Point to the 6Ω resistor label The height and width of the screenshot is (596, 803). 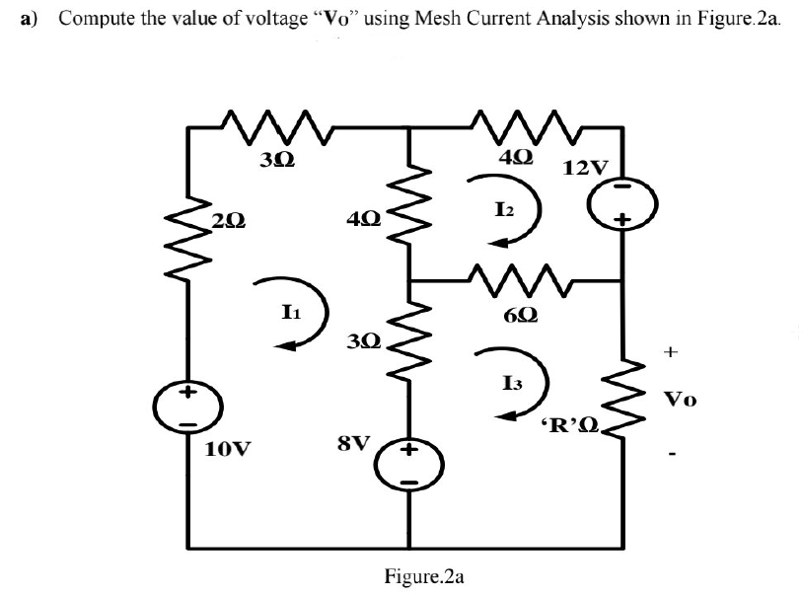click(519, 318)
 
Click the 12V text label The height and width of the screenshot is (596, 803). click(586, 166)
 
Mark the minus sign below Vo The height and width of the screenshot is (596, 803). click(674, 456)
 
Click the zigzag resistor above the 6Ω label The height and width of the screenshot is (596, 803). click(512, 279)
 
